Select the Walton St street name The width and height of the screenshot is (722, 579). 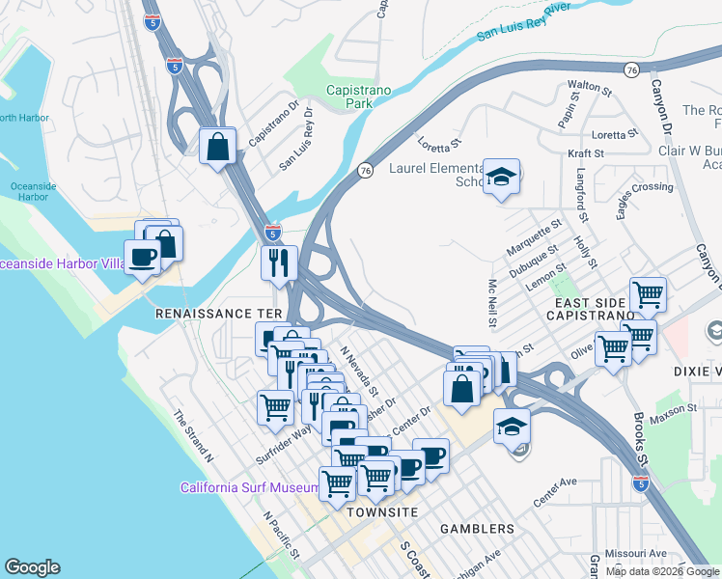coord(591,88)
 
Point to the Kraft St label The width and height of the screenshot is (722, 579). coord(585,153)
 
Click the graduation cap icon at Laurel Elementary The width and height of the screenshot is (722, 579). coord(501,177)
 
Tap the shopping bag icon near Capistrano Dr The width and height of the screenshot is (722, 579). coord(219,147)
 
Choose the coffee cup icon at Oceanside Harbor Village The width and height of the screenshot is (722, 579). coord(143,258)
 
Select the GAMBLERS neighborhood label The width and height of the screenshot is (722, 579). coord(477,529)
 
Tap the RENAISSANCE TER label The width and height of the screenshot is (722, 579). coord(218,315)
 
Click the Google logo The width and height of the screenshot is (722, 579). coord(32,567)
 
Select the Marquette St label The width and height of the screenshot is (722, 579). coord(534,237)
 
